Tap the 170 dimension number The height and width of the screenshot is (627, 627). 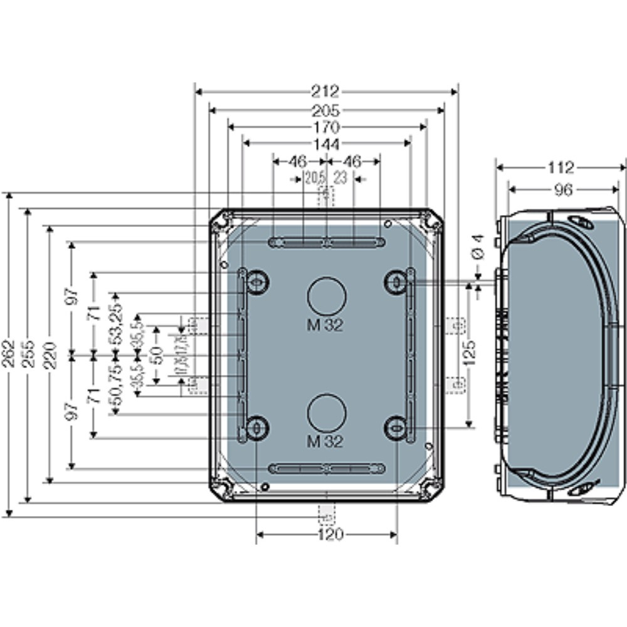(326, 127)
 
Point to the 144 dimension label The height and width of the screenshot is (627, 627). (326, 144)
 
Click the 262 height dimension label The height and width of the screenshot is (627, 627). (9, 355)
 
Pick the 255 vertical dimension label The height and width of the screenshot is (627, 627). (27, 355)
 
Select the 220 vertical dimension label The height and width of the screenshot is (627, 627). (50, 355)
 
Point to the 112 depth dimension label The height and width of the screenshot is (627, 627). (561, 168)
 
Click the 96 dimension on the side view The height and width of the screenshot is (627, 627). (563, 189)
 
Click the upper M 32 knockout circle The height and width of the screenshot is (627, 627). (326, 295)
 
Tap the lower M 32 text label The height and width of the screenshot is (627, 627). (325, 441)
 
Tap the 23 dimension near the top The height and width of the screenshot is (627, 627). (340, 179)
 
